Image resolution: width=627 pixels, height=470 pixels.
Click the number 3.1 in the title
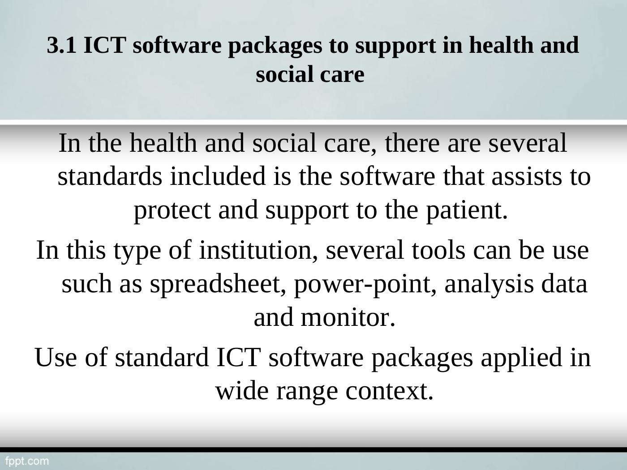[x=62, y=45]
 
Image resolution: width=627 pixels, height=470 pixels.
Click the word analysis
[x=489, y=284]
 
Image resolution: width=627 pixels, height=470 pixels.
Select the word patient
[x=467, y=210]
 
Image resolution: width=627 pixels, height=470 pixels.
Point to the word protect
[x=172, y=210]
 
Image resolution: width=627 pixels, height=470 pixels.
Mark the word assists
[x=527, y=176]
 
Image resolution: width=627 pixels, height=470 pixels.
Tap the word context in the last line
[x=390, y=391]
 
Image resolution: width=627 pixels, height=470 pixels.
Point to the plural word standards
[x=110, y=176]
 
